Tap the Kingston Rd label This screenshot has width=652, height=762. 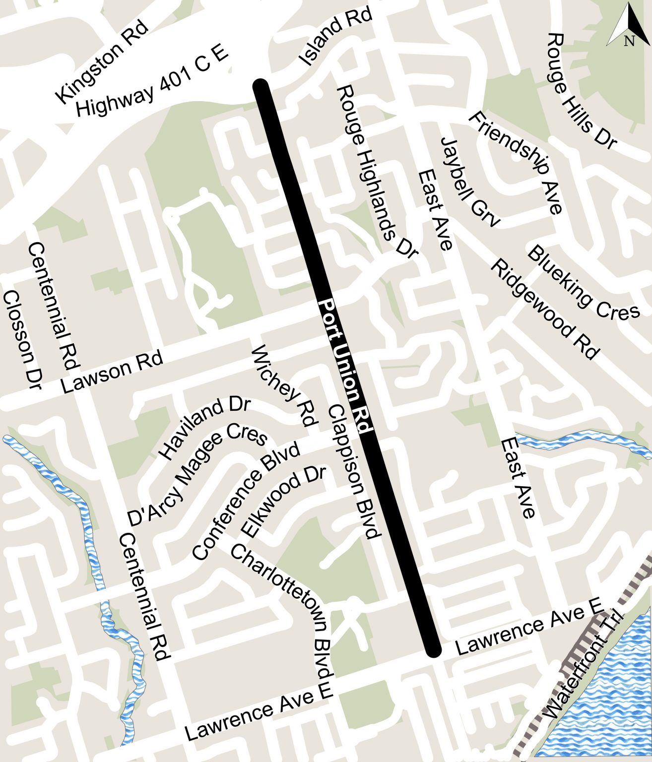[x=101, y=62]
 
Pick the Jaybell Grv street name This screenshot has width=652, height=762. [x=469, y=182]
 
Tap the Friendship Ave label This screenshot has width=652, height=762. [x=517, y=162]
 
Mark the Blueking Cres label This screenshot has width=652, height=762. [x=583, y=283]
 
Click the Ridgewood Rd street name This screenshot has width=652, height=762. [x=545, y=309]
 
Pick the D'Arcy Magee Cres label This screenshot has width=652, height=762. [x=197, y=475]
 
